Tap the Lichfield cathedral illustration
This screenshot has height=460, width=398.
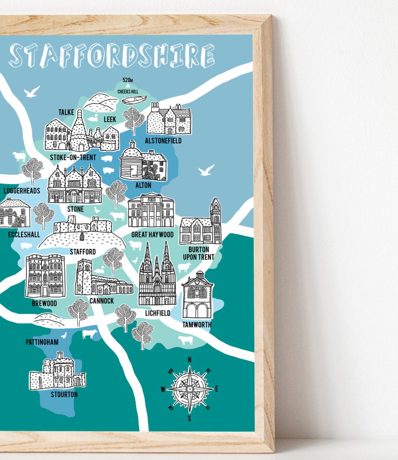[x=157, y=276]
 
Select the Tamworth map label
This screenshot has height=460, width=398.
[x=197, y=325]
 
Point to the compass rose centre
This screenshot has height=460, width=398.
[x=190, y=389]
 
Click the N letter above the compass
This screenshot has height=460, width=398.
[x=190, y=360]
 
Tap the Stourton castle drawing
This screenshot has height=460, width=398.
[x=58, y=372]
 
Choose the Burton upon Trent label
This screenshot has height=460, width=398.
[x=199, y=253]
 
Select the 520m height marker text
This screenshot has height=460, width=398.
[x=127, y=80]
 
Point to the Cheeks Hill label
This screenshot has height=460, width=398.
[x=128, y=91]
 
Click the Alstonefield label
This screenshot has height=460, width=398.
[x=163, y=141]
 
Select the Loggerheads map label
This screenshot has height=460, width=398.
[x=22, y=191]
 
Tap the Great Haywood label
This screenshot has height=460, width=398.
[x=152, y=235]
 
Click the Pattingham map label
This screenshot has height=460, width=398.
[x=42, y=342]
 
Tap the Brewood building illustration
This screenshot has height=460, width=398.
[x=45, y=276]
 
